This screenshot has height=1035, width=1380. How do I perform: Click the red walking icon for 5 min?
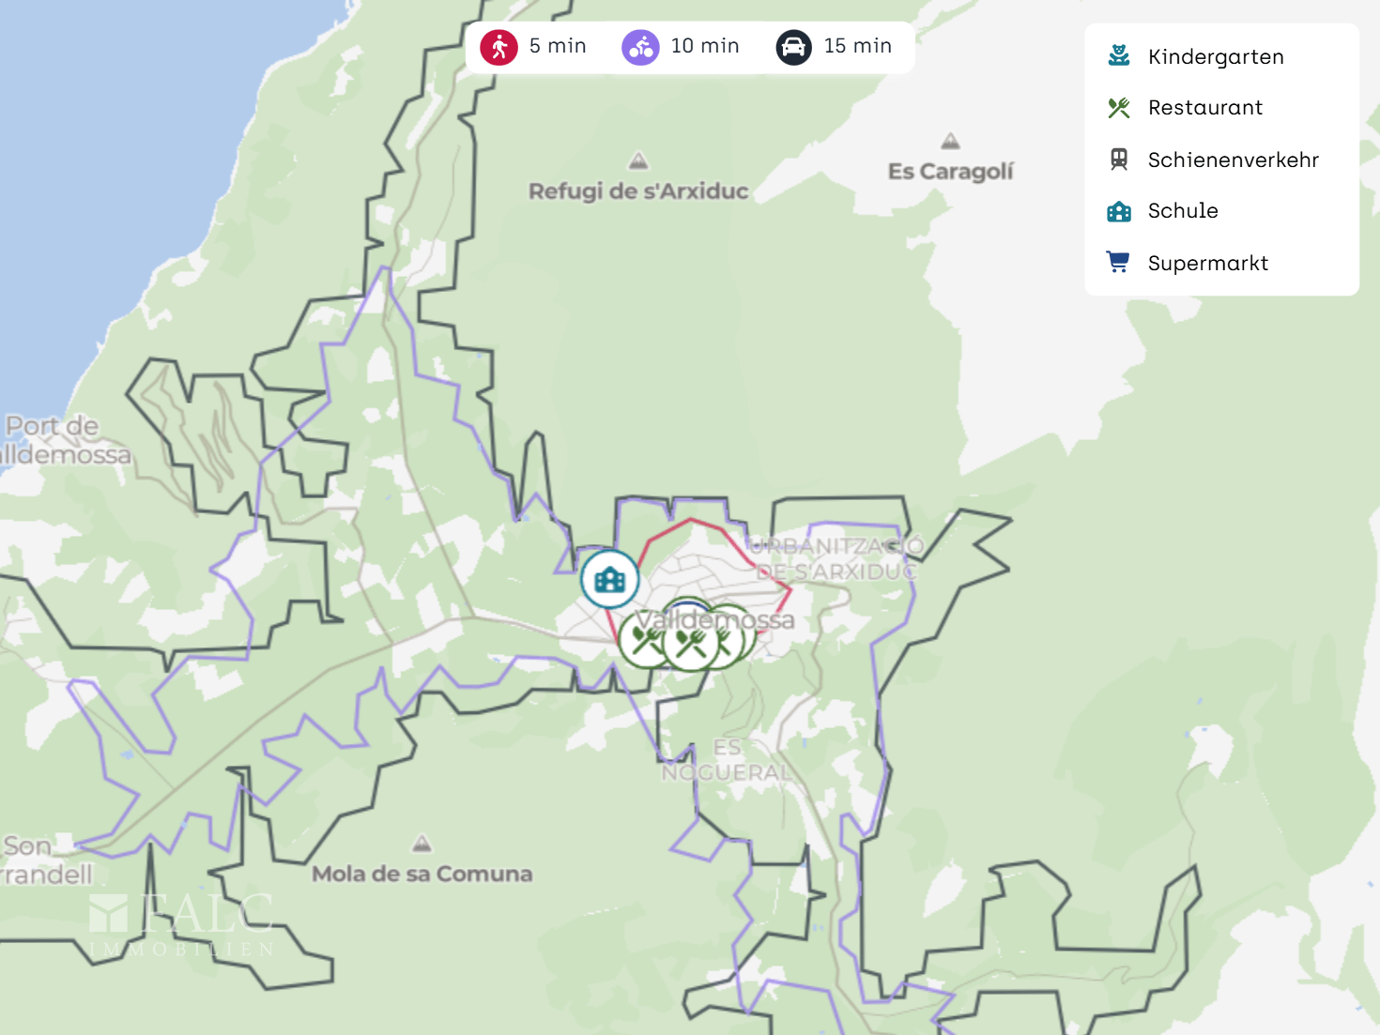(499, 47)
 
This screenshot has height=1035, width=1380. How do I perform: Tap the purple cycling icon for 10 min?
(641, 47)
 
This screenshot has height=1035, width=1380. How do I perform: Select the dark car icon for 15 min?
(793, 47)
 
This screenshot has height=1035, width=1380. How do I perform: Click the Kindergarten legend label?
(1216, 57)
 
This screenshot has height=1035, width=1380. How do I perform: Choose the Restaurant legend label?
(1204, 108)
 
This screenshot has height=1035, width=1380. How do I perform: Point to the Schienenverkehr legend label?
(1233, 160)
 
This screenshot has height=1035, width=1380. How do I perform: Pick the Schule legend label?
(1183, 211)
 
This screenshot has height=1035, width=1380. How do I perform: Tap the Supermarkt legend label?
(1207, 264)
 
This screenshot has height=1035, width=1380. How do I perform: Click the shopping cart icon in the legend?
(1118, 262)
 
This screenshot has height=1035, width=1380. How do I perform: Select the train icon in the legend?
(1118, 160)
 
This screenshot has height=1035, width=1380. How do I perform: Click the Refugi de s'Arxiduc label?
(638, 191)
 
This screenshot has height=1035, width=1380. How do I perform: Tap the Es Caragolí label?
(950, 172)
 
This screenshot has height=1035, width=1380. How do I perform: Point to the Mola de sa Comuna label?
(422, 875)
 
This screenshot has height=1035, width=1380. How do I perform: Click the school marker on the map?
(609, 580)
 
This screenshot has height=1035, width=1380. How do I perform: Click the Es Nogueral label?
(727, 761)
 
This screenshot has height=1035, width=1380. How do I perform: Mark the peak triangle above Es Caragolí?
(950, 142)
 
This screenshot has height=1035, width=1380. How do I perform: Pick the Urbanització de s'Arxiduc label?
(836, 558)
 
